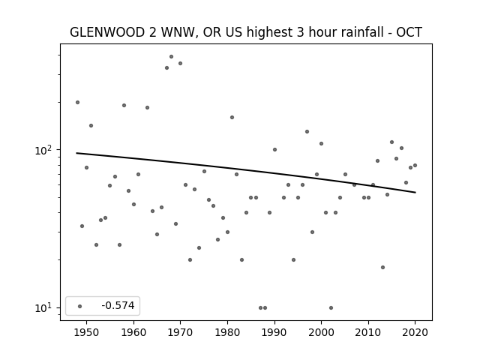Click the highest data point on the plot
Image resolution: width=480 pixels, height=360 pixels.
click(172, 57)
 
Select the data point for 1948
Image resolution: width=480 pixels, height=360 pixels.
click(77, 102)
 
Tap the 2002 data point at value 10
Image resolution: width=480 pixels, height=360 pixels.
click(331, 307)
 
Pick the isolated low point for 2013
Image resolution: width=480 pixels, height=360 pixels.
click(382, 267)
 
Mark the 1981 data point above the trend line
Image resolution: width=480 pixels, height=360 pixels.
click(232, 117)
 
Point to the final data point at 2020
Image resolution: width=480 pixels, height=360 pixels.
click(415, 165)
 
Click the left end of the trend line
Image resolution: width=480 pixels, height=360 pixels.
click(76, 153)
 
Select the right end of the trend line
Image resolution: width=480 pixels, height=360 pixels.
click(415, 192)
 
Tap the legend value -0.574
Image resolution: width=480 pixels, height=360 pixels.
click(118, 305)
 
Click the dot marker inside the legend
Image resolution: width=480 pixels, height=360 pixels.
click(80, 306)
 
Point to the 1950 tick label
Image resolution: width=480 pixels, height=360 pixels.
click(87, 332)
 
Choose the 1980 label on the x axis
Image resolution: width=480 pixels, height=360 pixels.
click(227, 332)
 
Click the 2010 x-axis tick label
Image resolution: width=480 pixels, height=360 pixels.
click(368, 332)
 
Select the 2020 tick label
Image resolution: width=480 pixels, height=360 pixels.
click(415, 332)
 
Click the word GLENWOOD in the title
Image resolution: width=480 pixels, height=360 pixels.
click(107, 32)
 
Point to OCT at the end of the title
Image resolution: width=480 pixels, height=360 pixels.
click(409, 32)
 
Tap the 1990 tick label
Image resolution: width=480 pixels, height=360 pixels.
click(274, 332)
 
